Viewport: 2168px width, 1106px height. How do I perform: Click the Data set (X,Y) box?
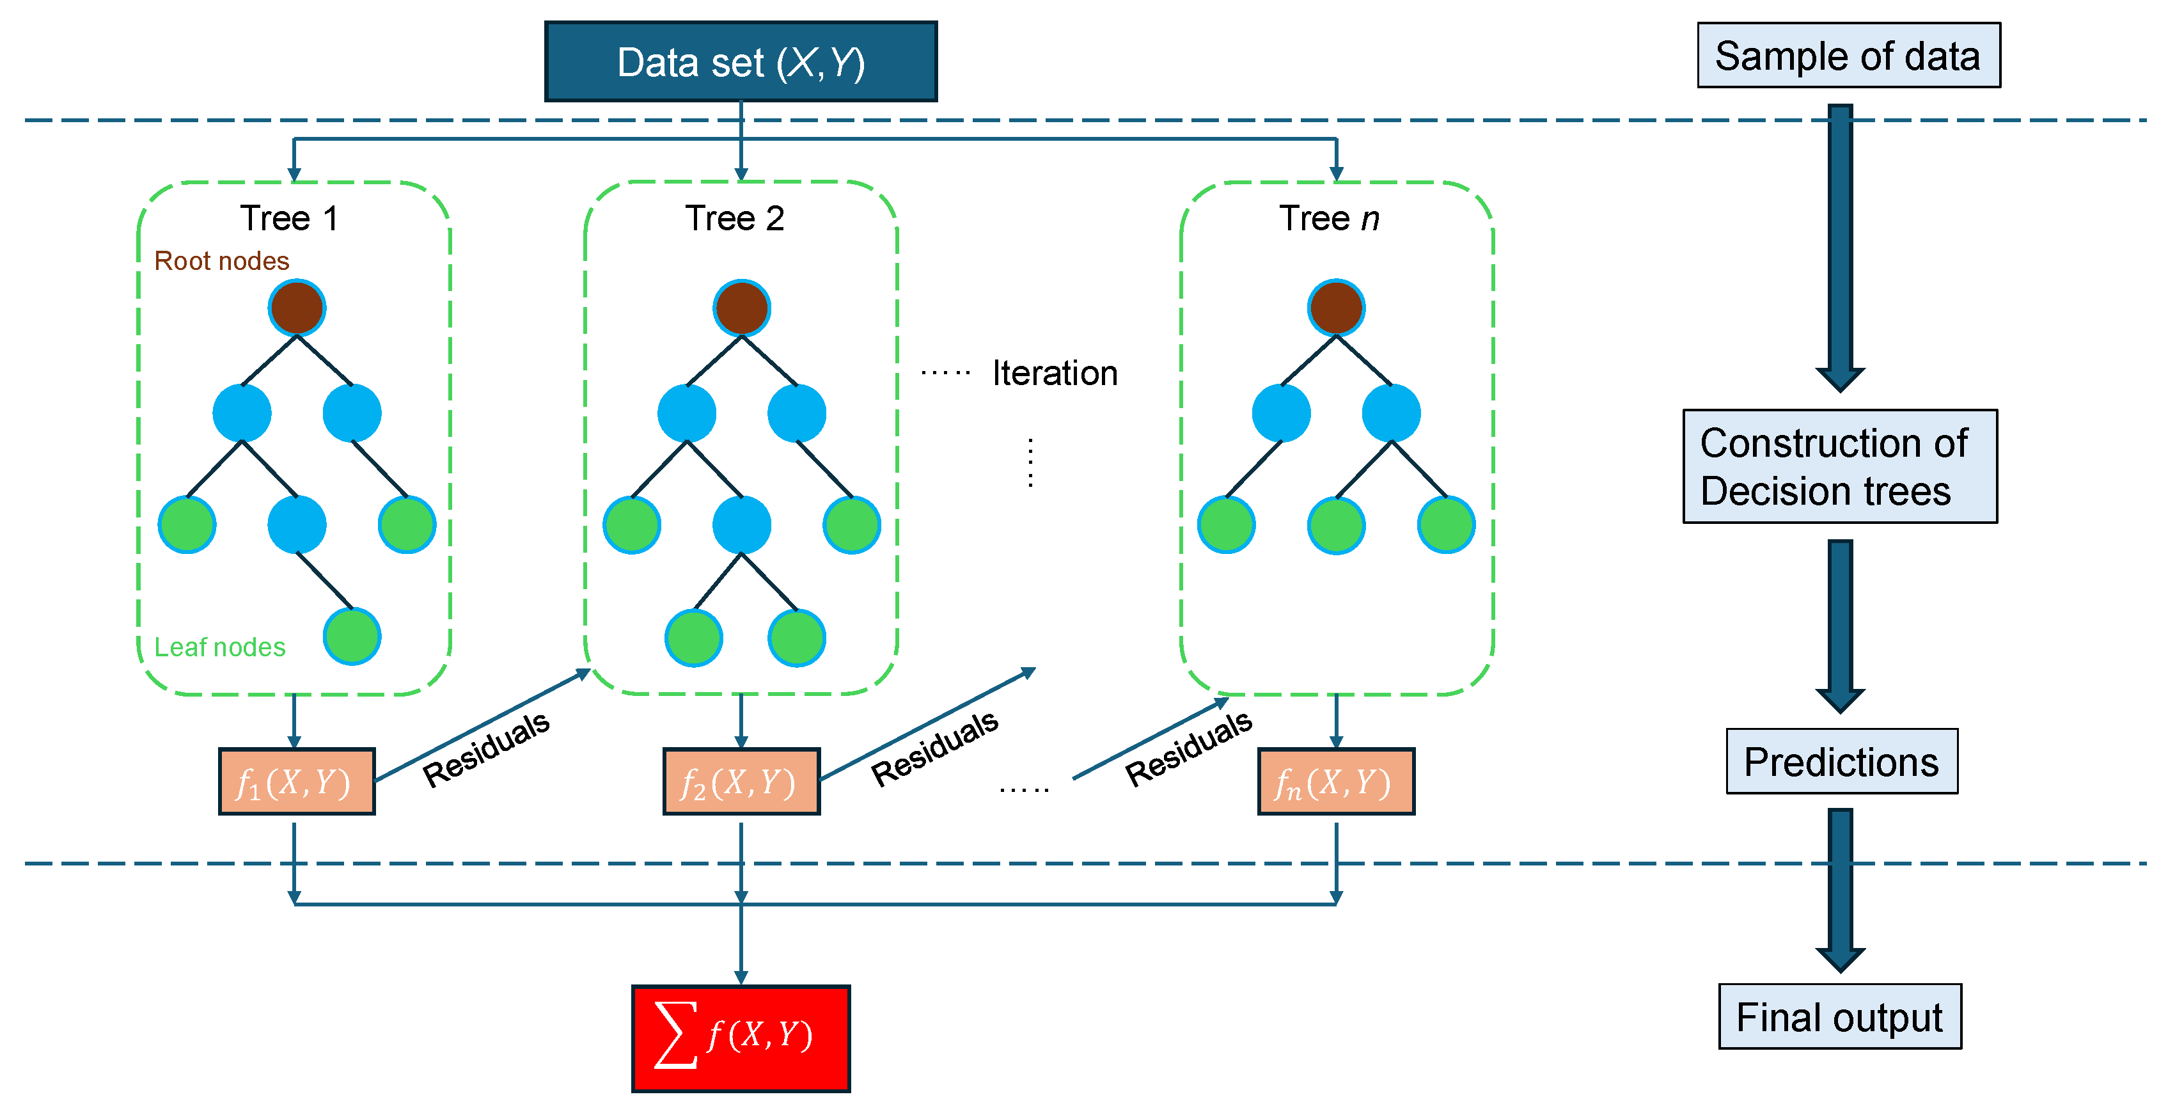click(x=741, y=62)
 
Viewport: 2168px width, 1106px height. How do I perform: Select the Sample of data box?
click(x=1848, y=56)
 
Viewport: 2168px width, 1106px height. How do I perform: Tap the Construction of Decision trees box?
click(x=1840, y=466)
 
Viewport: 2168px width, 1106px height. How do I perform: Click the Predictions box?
click(x=1841, y=762)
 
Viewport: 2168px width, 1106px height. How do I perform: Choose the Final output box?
click(x=1840, y=1017)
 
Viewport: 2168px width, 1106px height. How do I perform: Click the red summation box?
click(x=741, y=1038)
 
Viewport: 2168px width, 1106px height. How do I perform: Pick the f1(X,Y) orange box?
click(x=296, y=782)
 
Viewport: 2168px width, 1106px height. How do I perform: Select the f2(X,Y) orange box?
click(x=741, y=782)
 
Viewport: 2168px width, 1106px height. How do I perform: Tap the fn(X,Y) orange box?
click(x=1335, y=782)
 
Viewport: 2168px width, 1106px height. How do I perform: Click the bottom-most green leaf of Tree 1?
click(x=352, y=636)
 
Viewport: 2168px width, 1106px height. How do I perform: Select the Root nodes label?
click(x=221, y=261)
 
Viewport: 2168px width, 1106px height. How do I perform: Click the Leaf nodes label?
click(x=219, y=647)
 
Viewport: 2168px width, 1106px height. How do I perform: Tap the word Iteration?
click(x=1055, y=373)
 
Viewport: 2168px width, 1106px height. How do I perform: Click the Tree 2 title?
click(x=735, y=218)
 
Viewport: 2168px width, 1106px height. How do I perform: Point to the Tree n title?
click(x=1329, y=218)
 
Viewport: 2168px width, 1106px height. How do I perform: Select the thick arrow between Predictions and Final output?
click(x=1840, y=888)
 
